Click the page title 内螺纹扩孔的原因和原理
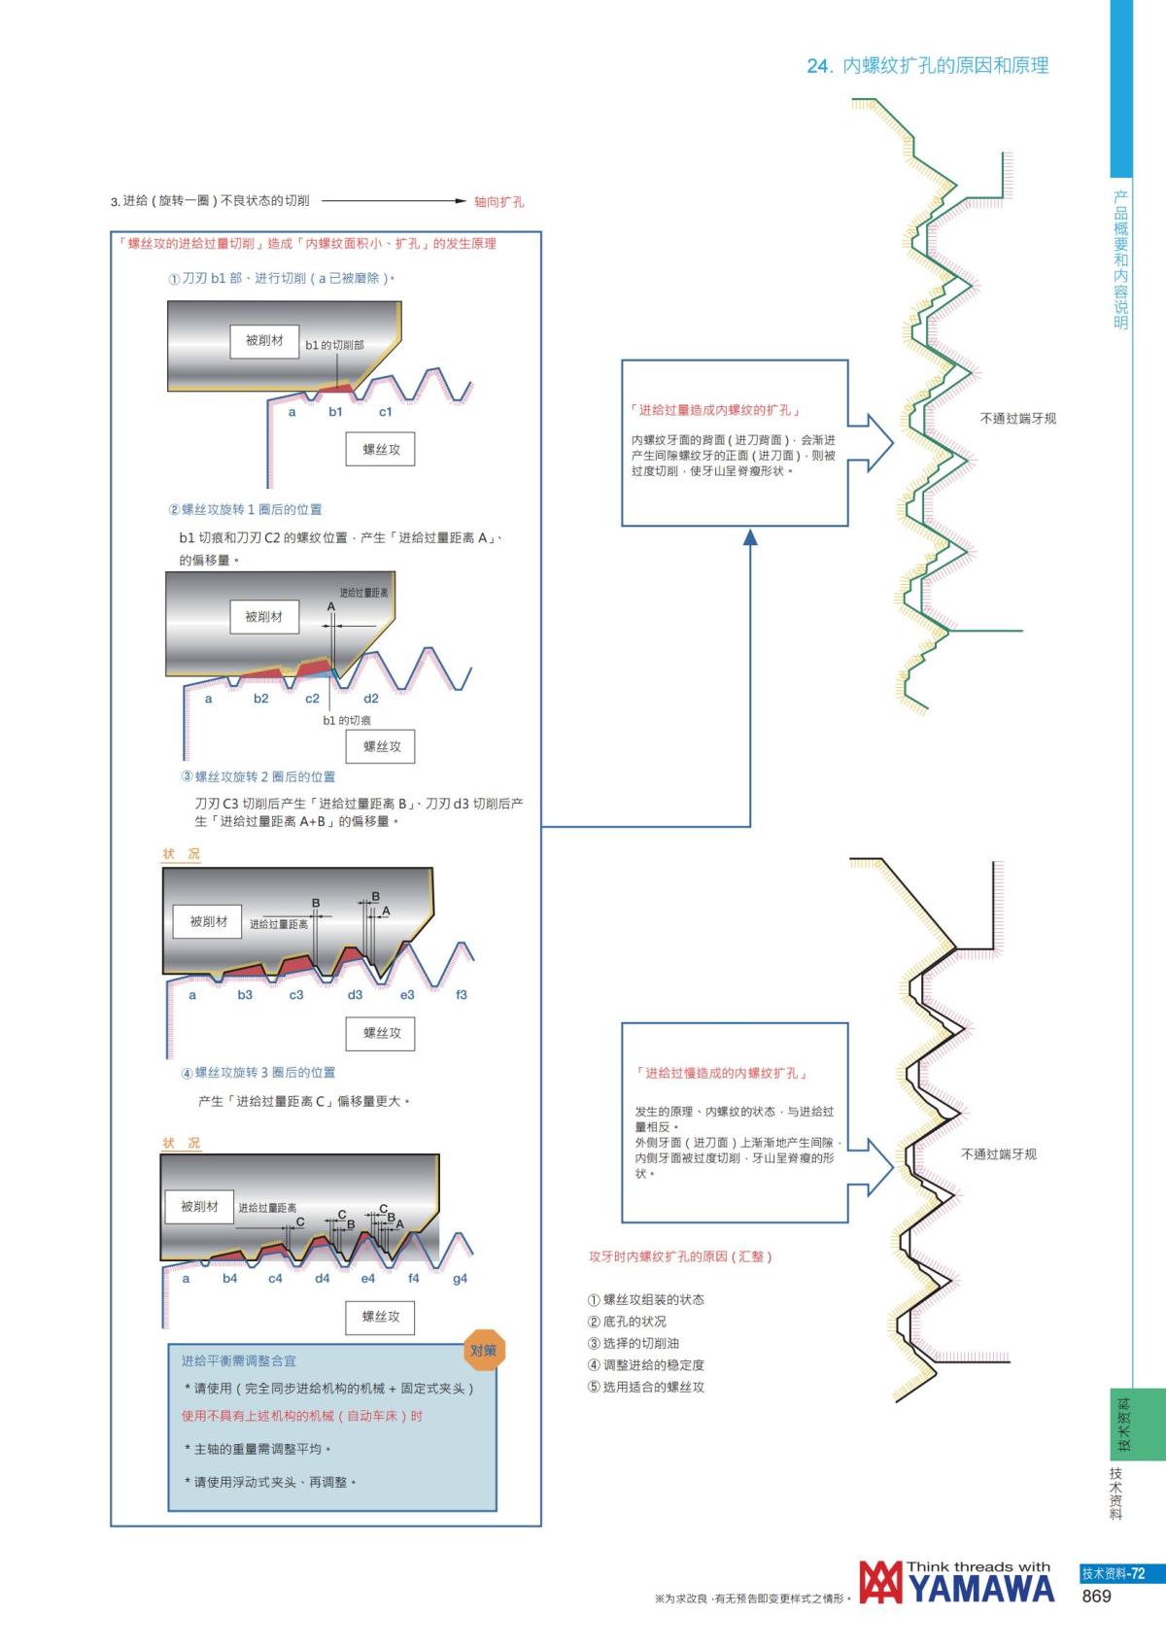coord(945,65)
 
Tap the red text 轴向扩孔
coord(498,202)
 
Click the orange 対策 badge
coord(483,1350)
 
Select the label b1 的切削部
coord(334,345)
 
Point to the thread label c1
coord(385,412)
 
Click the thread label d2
coord(370,699)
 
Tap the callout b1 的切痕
coord(347,720)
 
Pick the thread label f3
coord(462,994)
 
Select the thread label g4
coord(460,1278)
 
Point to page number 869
coord(1096,1597)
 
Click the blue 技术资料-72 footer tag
coord(1113,1574)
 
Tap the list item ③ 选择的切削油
coord(633,1343)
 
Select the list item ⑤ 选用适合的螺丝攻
coord(646,1387)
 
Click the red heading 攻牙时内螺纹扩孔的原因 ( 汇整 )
coord(680,1255)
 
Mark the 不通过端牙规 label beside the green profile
coord(1017,419)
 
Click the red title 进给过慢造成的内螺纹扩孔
coord(721,1073)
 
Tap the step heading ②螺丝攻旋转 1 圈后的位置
coord(245,509)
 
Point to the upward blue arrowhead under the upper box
coord(750,537)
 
